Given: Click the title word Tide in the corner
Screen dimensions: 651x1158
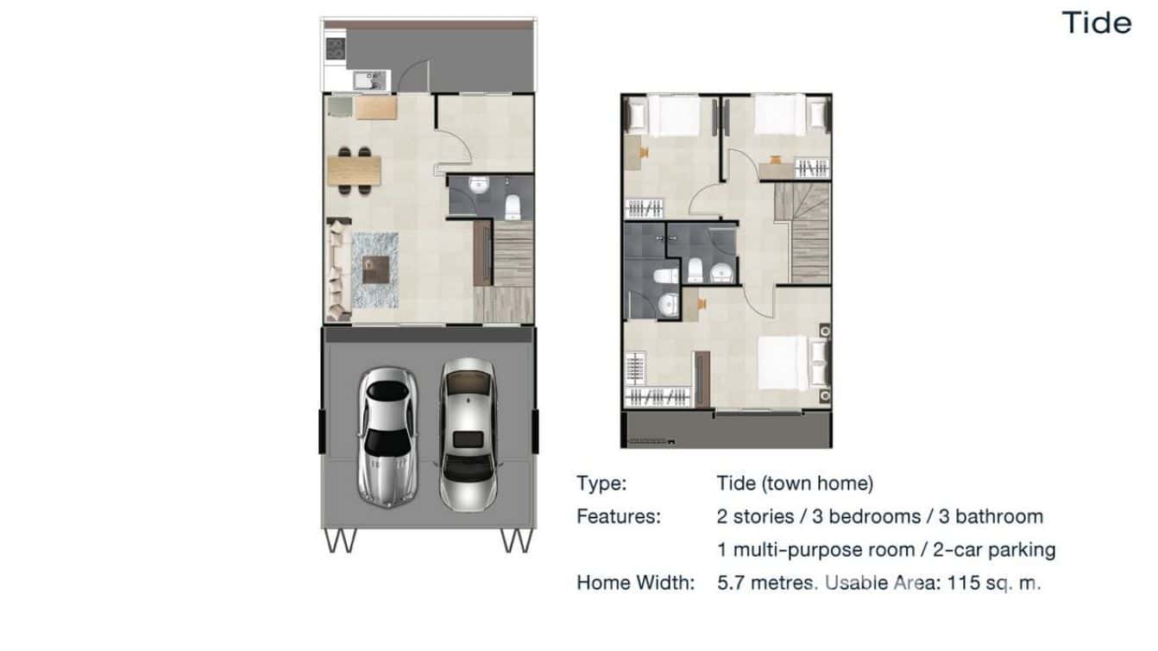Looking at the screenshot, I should tap(1097, 22).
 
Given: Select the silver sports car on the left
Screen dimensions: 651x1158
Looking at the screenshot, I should tap(387, 436).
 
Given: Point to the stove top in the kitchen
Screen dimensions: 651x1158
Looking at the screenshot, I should tap(335, 49).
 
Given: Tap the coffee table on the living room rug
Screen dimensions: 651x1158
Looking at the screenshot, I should tap(375, 270).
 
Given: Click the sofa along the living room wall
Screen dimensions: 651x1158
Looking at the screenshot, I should tap(337, 270).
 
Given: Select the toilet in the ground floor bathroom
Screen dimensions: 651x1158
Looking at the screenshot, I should tap(513, 206).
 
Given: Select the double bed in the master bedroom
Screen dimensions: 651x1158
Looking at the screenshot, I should tap(785, 362).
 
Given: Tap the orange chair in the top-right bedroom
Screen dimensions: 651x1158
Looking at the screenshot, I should tap(776, 158).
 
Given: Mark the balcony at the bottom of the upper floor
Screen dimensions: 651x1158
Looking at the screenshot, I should tap(726, 429).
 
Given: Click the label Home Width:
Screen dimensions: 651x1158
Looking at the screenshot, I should tap(635, 583).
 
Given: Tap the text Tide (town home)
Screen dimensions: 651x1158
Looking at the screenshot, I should tap(795, 484).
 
